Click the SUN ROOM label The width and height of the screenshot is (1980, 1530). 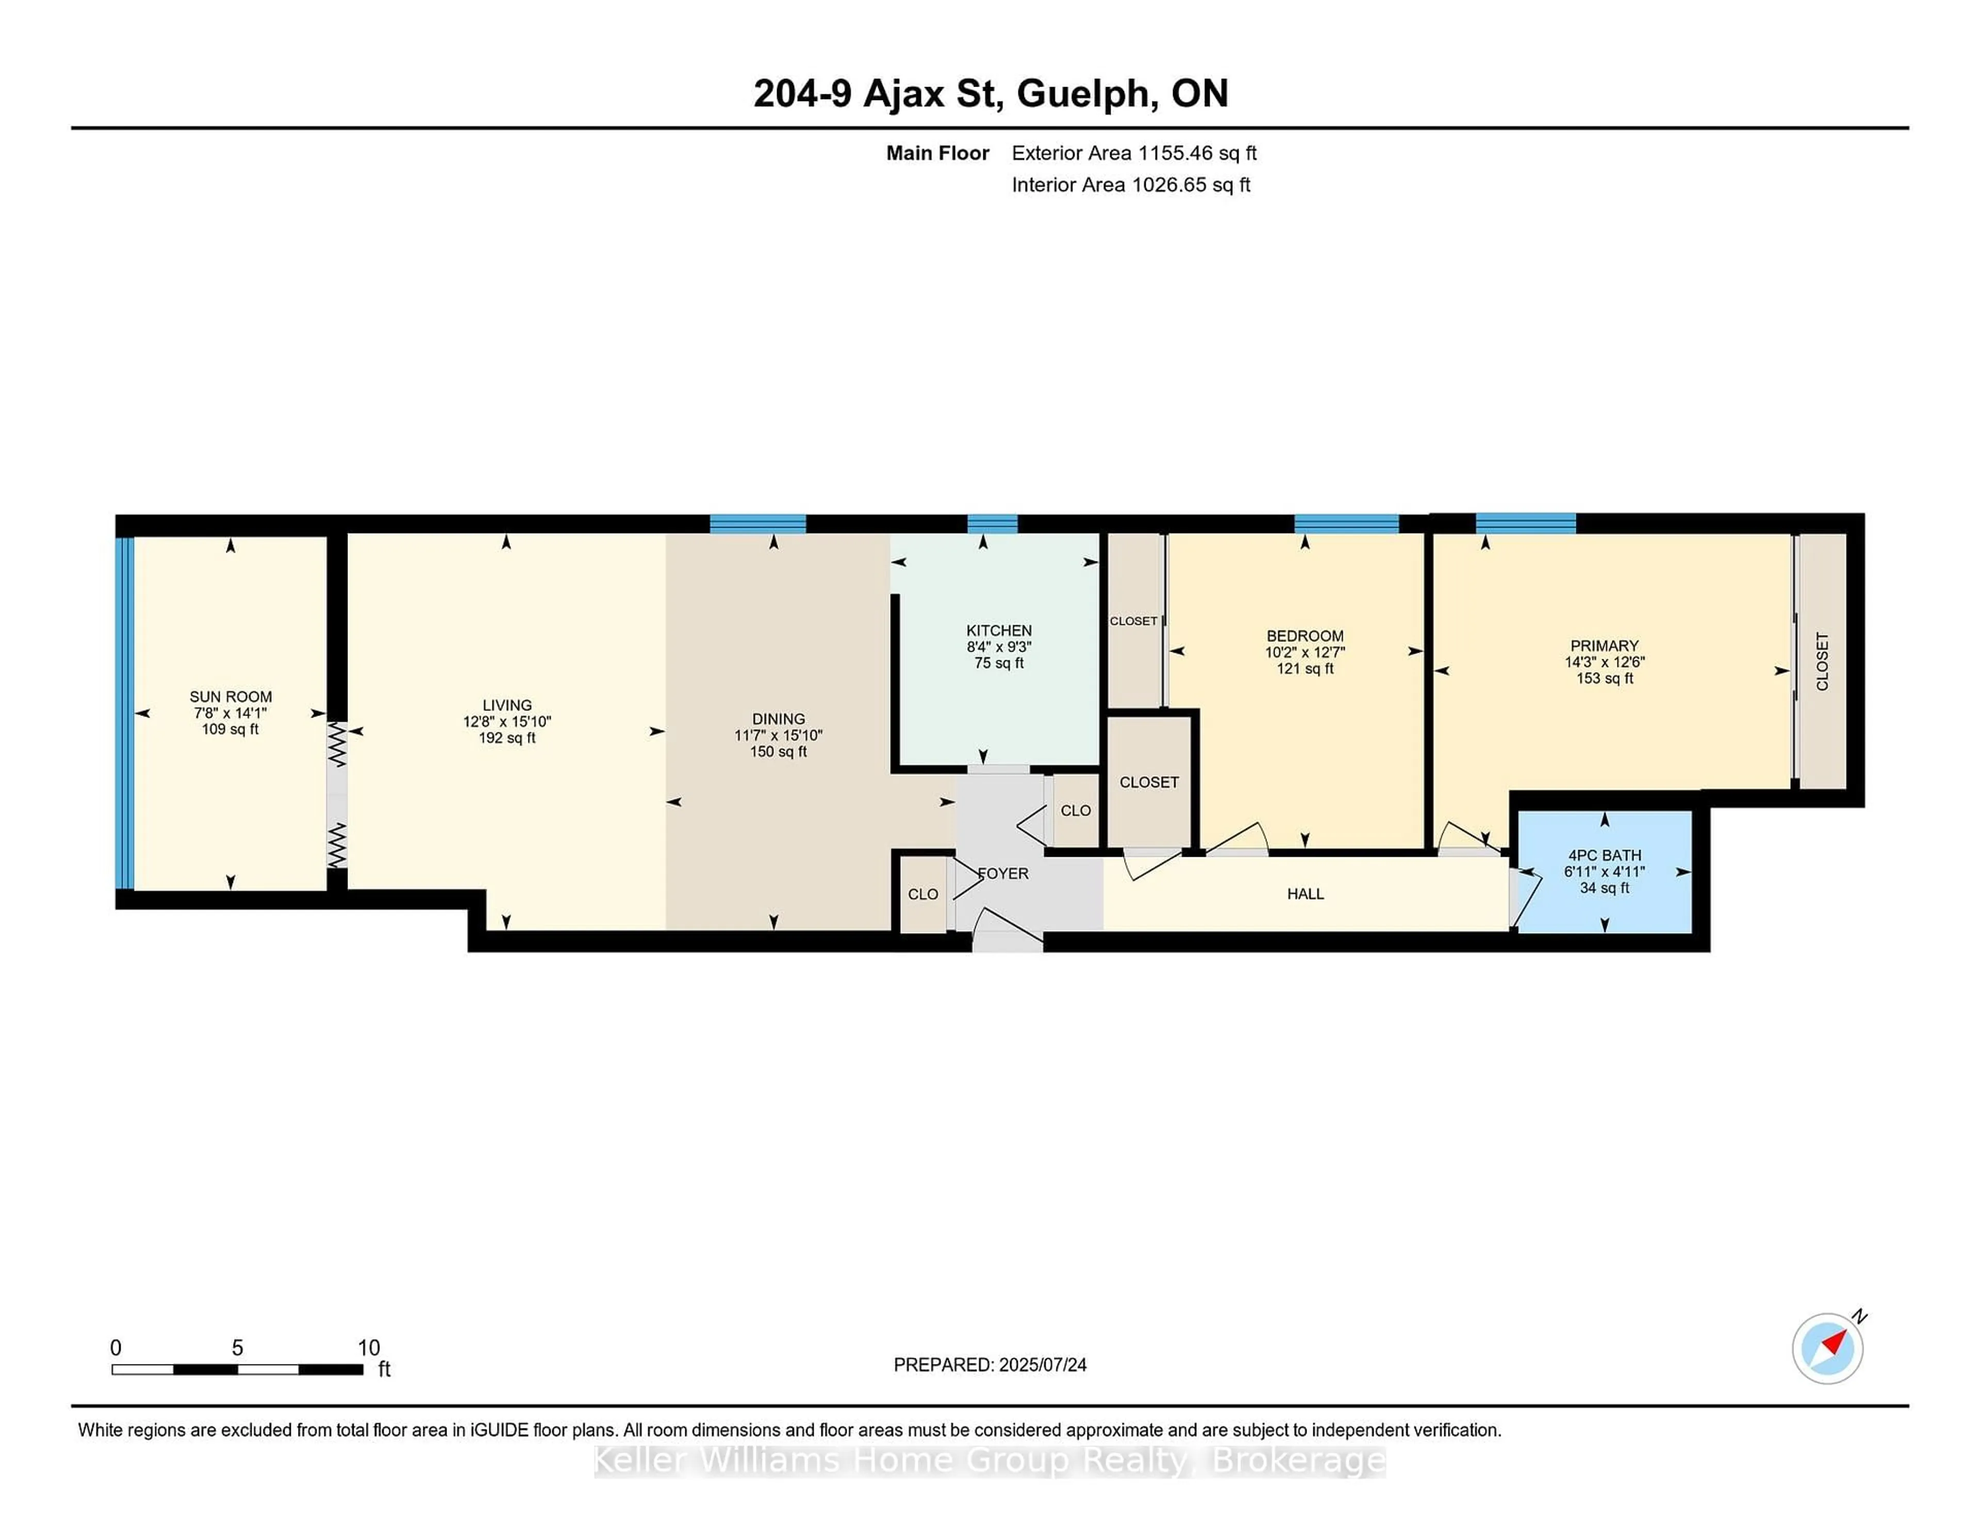(230, 696)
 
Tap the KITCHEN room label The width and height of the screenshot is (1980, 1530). (998, 630)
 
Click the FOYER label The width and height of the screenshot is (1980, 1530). (1003, 873)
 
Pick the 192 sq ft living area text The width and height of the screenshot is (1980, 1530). (507, 738)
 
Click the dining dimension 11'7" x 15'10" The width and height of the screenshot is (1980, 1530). (778, 735)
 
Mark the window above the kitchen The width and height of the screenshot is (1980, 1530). (992, 523)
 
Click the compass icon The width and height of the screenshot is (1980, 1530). (1827, 1348)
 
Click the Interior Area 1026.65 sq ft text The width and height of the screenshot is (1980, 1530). (1131, 185)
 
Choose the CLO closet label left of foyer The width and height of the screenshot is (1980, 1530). (923, 894)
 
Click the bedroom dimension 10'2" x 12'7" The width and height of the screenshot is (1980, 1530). (1305, 652)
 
